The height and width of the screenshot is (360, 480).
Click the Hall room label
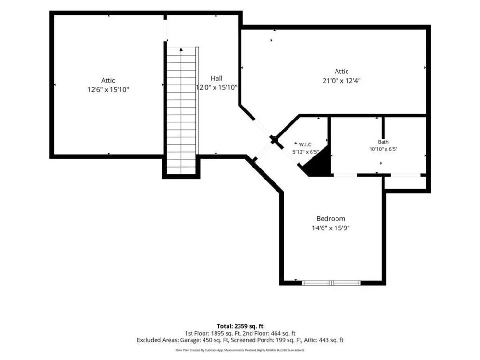click(216, 78)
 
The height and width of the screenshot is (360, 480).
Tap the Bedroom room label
click(331, 218)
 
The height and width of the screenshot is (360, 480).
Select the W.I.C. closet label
click(305, 144)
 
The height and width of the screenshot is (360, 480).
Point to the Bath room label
click(383, 142)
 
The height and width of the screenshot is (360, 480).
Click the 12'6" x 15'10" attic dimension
click(108, 90)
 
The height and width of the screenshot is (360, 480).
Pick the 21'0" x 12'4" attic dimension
click(342, 81)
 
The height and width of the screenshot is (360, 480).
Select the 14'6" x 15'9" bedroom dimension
click(331, 228)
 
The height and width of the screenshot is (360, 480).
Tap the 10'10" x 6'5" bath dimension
click(383, 149)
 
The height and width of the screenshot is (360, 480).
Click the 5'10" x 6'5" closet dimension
click(305, 152)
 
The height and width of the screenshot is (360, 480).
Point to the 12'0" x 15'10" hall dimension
click(216, 87)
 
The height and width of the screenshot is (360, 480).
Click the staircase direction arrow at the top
click(181, 49)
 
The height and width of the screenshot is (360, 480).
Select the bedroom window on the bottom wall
click(332, 283)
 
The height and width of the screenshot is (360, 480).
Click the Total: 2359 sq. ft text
click(240, 326)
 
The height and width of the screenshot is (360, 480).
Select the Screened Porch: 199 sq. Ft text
click(266, 340)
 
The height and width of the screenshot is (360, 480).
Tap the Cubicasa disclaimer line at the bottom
click(240, 350)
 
